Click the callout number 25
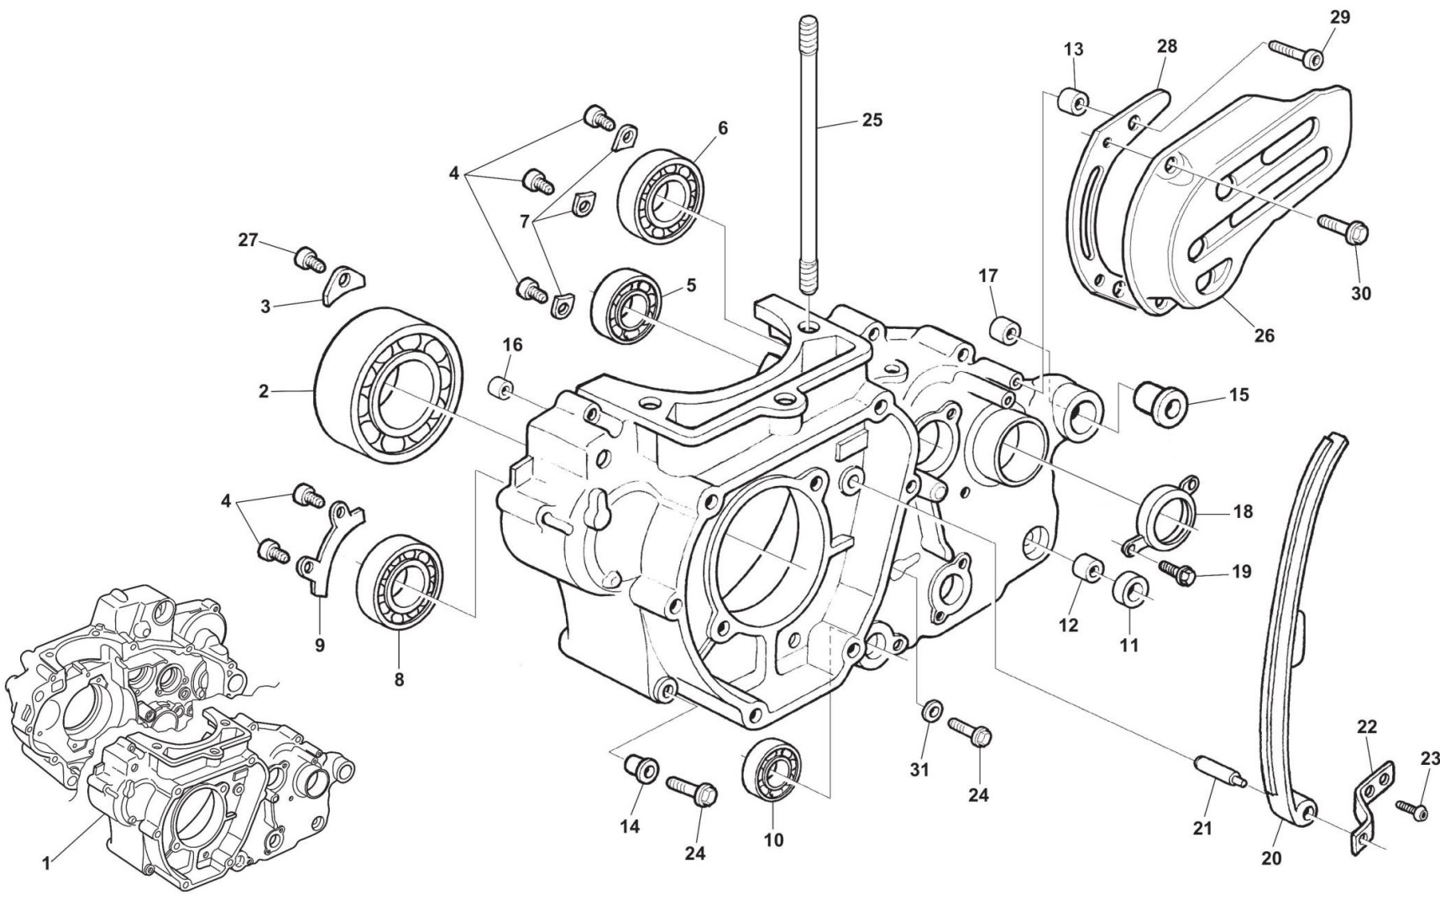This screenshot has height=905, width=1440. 872,120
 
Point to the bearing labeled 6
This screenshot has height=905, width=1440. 661,191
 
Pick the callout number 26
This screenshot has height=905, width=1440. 1264,335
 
